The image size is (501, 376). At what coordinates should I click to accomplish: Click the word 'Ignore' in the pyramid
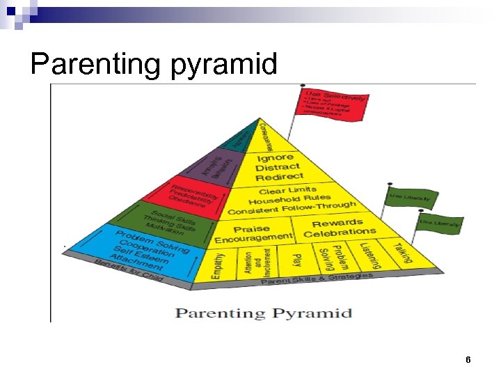(x=274, y=157)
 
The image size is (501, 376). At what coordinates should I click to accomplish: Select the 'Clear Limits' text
(x=287, y=190)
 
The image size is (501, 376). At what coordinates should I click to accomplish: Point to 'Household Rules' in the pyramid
(x=290, y=200)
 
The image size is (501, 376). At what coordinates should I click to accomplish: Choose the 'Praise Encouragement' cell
(x=253, y=233)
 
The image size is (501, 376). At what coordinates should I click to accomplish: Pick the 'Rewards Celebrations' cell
(x=339, y=228)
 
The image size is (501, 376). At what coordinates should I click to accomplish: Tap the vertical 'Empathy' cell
(x=218, y=265)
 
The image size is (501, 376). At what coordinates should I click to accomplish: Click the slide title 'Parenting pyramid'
(x=154, y=64)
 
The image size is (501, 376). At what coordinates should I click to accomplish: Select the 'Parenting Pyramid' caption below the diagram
(x=264, y=313)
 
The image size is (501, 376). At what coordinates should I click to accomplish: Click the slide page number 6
(x=468, y=360)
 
